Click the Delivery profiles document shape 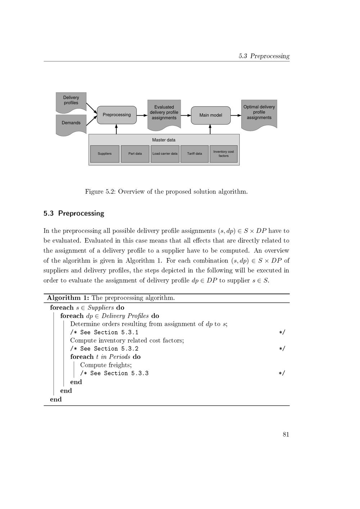click(x=71, y=100)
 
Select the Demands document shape click(x=71, y=123)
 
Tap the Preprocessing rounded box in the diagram click(x=117, y=115)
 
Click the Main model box click(x=211, y=115)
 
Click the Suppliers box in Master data click(x=104, y=154)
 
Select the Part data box click(x=135, y=154)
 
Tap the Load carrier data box click(x=165, y=154)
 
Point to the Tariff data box click(x=194, y=154)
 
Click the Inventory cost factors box click(x=224, y=154)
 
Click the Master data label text click(x=164, y=140)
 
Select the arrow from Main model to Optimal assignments click(x=236, y=115)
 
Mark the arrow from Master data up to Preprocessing click(x=117, y=129)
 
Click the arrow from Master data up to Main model click(x=210, y=129)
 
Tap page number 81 click(x=286, y=434)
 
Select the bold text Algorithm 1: click(x=68, y=298)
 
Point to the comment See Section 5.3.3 click(x=114, y=373)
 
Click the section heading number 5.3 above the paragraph click(x=49, y=213)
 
